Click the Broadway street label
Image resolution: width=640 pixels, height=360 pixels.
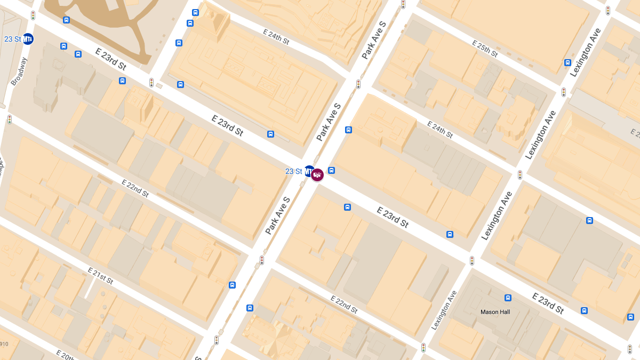pos(19,71)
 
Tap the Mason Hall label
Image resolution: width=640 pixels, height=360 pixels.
pos(495,312)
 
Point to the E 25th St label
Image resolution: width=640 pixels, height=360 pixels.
pos(484,49)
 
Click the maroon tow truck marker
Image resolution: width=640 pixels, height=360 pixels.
pos(317,174)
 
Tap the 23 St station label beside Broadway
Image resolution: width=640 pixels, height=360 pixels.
pos(12,39)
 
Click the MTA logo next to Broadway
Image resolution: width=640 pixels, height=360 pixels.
pos(28,39)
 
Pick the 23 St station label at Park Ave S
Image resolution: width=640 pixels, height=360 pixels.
pos(293,171)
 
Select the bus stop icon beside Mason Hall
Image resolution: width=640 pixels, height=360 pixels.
pos(508,298)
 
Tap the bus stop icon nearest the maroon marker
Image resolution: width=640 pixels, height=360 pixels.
pos(331,171)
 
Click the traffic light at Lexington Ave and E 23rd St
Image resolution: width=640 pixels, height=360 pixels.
pos(472,260)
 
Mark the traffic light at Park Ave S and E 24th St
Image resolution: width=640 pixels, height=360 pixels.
pos(358,84)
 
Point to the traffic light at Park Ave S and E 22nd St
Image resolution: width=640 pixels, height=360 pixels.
pos(261,260)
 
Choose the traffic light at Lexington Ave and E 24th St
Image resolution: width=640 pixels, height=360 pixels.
pos(520,174)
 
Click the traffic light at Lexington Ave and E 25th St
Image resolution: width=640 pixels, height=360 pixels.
pos(564,92)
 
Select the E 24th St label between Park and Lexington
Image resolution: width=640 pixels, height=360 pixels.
pos(439,129)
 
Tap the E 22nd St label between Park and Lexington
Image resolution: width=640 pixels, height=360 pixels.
pos(343,303)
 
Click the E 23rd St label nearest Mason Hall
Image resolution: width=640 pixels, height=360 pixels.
pos(548,303)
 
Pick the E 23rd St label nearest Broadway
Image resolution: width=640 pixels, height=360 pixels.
pos(110,59)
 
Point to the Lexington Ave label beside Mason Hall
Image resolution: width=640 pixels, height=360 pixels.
pos(444,310)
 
